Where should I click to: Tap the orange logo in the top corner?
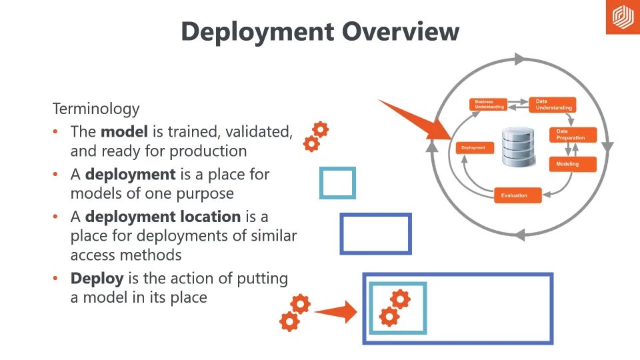tap(622, 17)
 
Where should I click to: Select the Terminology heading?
tap(96, 109)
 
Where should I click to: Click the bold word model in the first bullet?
tap(124, 131)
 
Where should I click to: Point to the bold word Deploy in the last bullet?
tap(96, 278)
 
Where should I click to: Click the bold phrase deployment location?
tap(163, 217)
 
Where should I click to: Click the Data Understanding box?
tap(553, 105)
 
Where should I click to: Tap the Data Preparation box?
tap(572, 135)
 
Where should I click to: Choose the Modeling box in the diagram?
tap(572, 164)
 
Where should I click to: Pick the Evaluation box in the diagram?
tap(517, 195)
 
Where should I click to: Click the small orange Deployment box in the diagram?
tap(475, 147)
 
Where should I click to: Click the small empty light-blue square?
tap(337, 183)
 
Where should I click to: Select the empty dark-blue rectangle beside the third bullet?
tap(375, 234)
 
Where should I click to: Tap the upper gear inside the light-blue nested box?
tap(400, 299)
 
